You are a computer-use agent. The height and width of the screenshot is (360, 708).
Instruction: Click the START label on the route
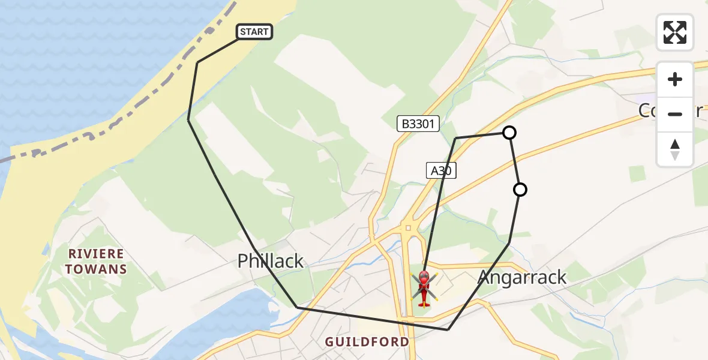254,32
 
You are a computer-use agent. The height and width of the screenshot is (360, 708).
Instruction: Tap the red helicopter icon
424,288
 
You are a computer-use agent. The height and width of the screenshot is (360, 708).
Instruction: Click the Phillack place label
271,261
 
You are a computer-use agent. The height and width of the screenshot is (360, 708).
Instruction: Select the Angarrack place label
522,277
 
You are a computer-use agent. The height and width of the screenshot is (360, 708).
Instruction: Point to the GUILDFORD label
367,342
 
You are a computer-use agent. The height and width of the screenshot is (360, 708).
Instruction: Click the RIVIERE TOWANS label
96,261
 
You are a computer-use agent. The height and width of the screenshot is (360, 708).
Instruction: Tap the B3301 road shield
418,124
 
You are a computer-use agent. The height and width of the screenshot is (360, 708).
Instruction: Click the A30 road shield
441,170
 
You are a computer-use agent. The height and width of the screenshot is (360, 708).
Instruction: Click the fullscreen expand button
675,32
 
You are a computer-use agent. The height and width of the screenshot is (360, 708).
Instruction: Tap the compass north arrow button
675,149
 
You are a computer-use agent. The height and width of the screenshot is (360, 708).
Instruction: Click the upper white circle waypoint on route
509,133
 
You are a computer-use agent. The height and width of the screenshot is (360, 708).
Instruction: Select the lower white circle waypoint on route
520,190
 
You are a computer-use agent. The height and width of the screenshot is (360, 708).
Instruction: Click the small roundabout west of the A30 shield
407,228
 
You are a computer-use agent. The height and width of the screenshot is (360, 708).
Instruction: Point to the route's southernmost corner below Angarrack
448,329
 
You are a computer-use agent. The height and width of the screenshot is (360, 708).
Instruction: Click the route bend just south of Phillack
297,307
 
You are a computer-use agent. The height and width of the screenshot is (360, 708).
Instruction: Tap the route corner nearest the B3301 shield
455,138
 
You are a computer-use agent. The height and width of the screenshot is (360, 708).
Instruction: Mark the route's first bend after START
197,62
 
